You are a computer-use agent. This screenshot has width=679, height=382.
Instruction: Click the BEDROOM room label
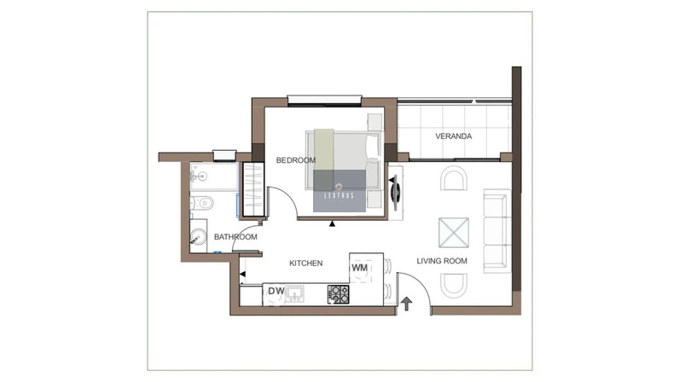point(296,160)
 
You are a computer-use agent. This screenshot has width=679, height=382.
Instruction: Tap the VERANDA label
point(454,136)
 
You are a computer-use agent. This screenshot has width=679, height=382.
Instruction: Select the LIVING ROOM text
point(442,261)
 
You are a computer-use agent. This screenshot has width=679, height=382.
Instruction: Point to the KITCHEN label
point(305,263)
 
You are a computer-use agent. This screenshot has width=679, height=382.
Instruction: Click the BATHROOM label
point(235,237)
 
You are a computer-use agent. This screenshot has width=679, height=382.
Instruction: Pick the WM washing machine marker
point(359,268)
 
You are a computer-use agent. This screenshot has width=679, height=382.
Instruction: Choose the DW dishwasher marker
point(276,291)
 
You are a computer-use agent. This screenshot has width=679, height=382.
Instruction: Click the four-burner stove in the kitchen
point(338,294)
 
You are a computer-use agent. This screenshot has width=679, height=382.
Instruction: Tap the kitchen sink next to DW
point(295,293)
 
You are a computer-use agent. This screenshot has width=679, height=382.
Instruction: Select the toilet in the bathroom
point(202,203)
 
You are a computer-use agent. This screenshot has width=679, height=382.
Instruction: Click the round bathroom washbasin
point(198,238)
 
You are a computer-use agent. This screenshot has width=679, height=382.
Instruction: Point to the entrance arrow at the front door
point(406,304)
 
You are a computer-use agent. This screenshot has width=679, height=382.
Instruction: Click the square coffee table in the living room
point(454,233)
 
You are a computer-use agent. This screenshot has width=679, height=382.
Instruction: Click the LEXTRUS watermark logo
point(339,191)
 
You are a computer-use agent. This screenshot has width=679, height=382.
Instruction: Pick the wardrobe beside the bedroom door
point(252,189)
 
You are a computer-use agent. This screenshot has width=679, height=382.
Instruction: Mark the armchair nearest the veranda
point(454,178)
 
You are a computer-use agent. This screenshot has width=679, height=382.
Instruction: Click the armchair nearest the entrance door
point(454,286)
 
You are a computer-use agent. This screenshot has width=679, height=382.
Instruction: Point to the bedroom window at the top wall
point(324,101)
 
